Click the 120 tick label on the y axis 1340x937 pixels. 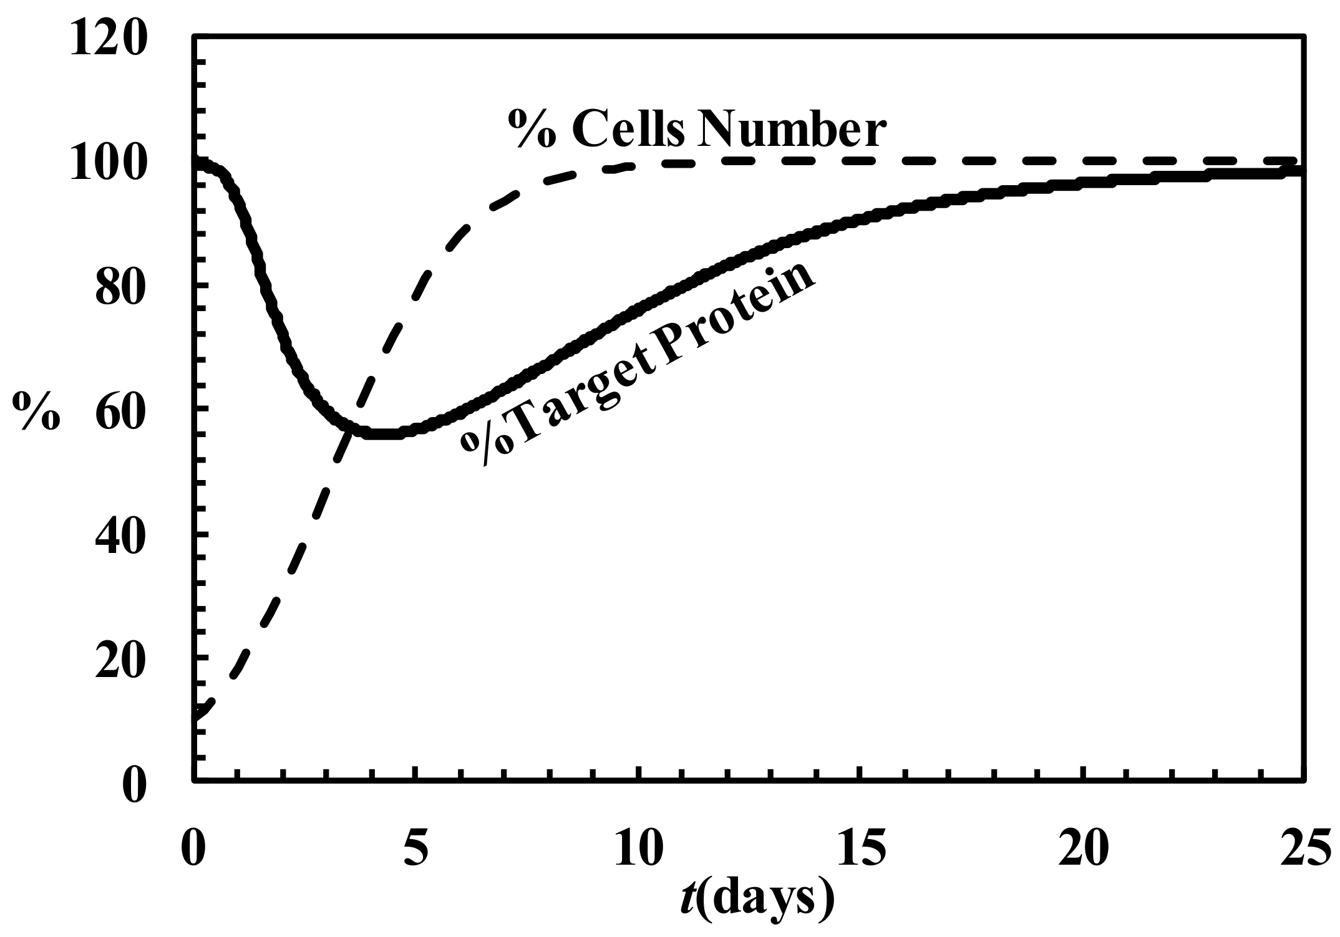109,38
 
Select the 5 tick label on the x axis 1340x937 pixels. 416,848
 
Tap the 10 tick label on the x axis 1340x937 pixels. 638,848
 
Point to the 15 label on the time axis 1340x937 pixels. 861,848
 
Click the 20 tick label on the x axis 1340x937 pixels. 1083,848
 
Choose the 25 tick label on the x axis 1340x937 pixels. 1305,848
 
